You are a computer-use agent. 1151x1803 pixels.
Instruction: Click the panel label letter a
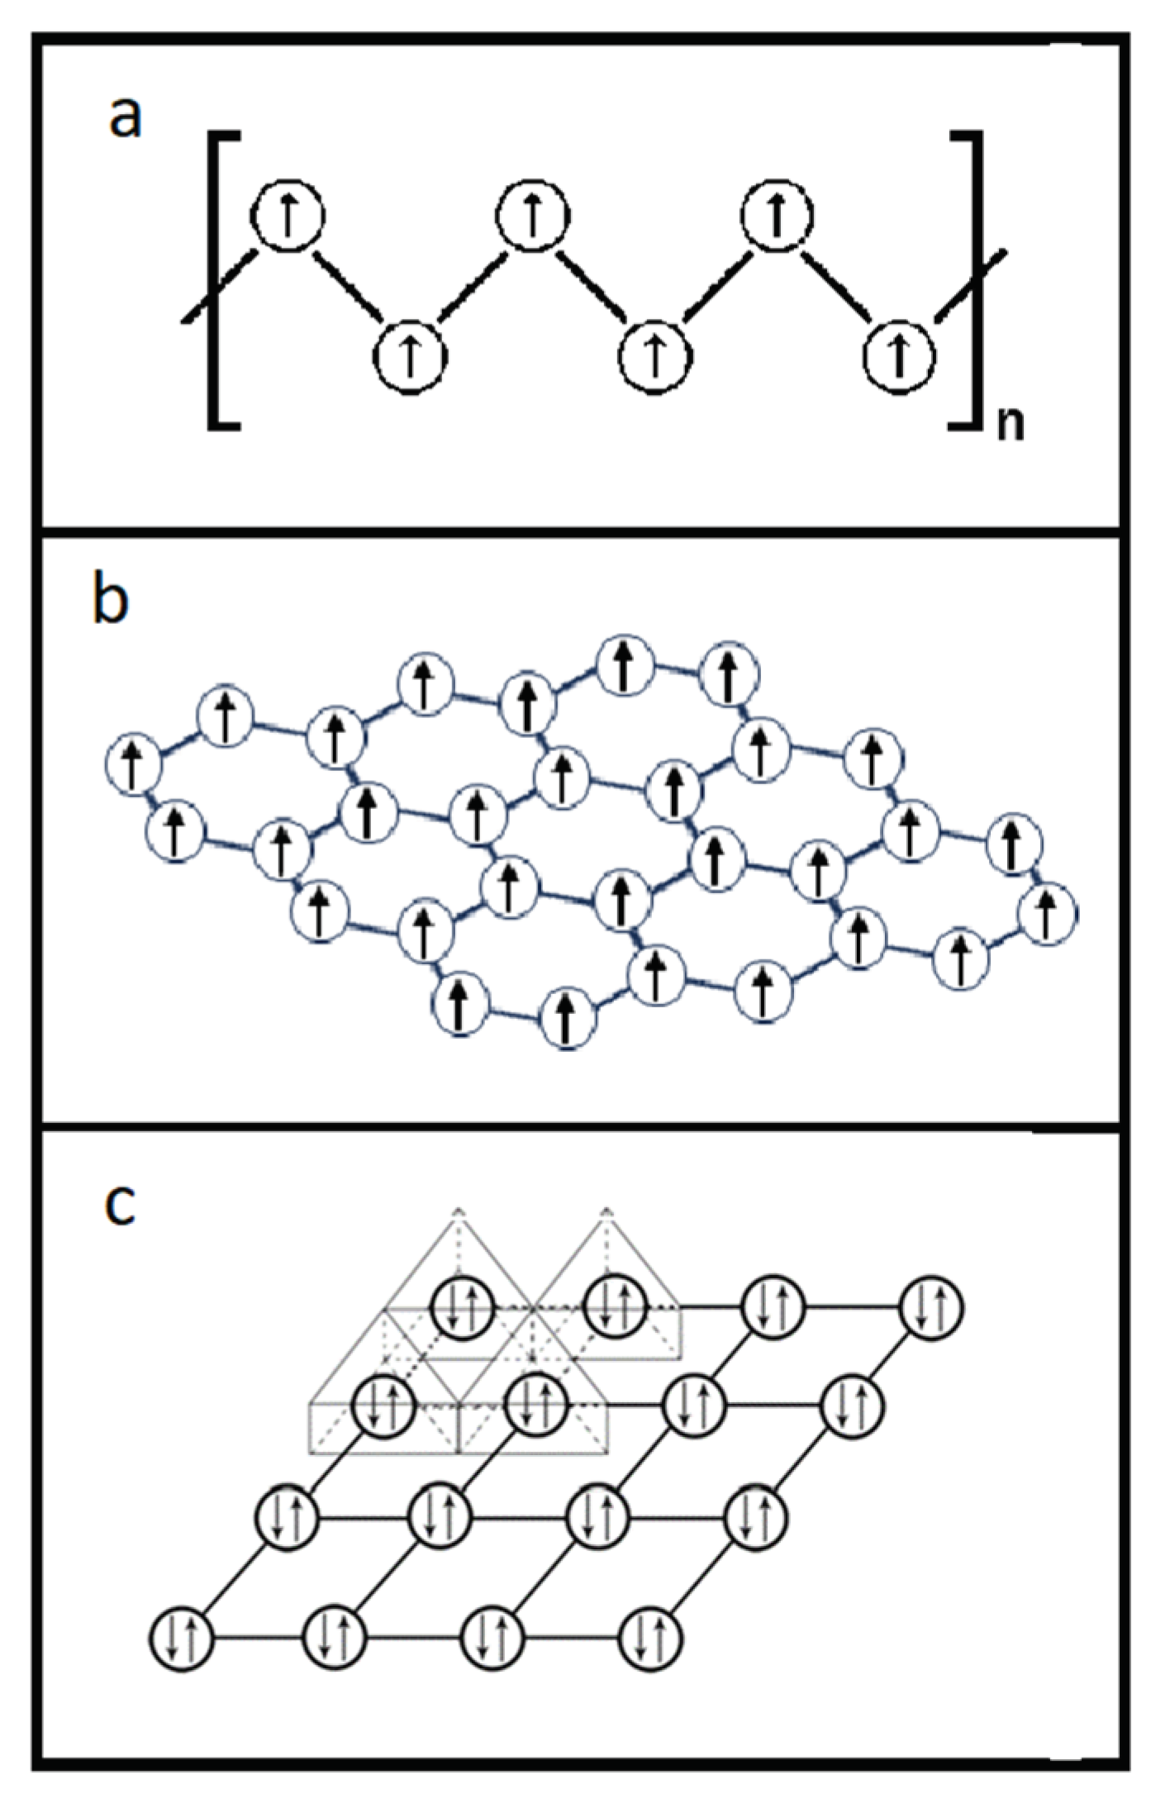click(x=126, y=117)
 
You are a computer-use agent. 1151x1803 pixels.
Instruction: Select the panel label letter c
click(x=120, y=1204)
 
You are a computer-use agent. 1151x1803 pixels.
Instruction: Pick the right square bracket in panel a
click(x=971, y=280)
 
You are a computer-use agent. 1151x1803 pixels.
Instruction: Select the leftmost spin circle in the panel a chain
click(x=288, y=215)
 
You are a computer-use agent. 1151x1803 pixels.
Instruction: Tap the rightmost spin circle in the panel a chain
click(x=900, y=356)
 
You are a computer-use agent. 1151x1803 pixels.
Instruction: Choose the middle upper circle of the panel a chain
click(x=533, y=215)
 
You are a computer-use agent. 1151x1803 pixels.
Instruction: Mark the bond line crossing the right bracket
click(x=972, y=281)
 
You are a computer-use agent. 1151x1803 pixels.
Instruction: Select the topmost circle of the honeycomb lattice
click(x=625, y=664)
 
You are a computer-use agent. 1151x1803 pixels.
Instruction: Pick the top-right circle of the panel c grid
click(x=931, y=1307)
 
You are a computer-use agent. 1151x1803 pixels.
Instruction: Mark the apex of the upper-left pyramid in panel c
click(x=459, y=1211)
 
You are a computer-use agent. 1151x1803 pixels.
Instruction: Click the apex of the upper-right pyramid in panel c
click(x=607, y=1211)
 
